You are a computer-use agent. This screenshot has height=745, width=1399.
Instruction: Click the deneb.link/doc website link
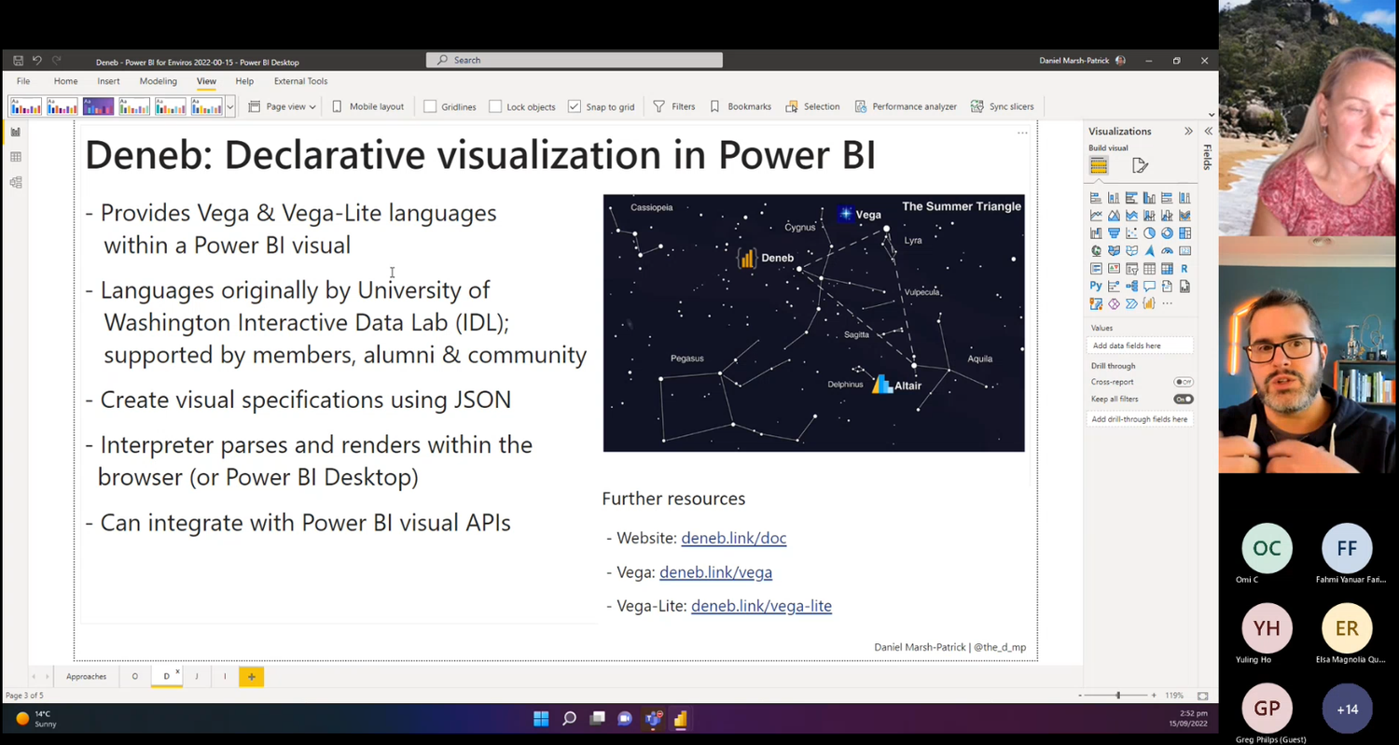point(733,538)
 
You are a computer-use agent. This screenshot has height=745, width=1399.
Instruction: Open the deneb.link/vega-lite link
point(761,606)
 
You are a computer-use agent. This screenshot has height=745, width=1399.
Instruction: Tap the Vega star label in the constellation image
point(867,215)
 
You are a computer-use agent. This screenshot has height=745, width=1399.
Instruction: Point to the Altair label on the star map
point(907,386)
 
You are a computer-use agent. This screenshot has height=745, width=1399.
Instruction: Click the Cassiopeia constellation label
point(651,207)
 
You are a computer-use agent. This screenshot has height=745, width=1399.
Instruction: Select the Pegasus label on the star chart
point(686,358)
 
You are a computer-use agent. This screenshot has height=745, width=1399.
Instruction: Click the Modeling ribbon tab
point(158,81)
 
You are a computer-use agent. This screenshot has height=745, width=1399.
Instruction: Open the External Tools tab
point(300,81)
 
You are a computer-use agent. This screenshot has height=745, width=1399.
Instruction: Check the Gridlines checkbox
point(430,106)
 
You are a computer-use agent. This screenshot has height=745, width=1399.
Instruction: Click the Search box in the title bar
point(575,60)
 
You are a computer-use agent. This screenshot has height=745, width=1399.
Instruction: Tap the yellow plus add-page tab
point(251,676)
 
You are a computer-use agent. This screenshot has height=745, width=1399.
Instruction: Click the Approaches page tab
point(86,676)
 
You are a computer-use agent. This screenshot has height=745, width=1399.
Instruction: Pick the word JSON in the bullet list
point(481,400)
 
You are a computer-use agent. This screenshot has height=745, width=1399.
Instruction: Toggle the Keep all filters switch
point(1183,400)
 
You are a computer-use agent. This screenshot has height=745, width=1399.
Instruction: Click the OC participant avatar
point(1267,549)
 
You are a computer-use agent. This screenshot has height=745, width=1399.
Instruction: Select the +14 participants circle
point(1347,710)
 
